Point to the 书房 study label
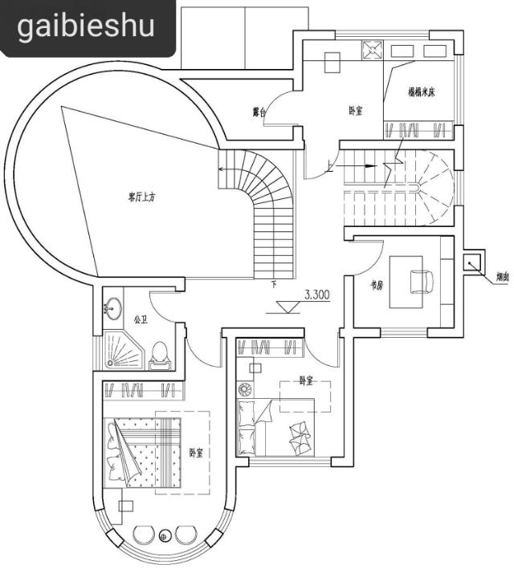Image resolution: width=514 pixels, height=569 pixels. pyautogui.click(x=375, y=284)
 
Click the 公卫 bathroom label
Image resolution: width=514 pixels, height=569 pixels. pyautogui.click(x=141, y=319)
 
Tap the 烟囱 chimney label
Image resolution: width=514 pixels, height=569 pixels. pyautogui.click(x=502, y=277)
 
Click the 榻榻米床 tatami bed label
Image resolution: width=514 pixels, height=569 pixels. pyautogui.click(x=422, y=91)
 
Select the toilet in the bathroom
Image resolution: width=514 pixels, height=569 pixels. pyautogui.click(x=160, y=353)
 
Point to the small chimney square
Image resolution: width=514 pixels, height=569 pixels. pyautogui.click(x=473, y=262)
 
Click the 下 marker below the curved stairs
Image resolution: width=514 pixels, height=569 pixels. pyautogui.click(x=274, y=284)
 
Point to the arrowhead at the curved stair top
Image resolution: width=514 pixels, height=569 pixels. pyautogui.click(x=221, y=169)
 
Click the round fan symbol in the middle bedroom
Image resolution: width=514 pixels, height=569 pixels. pyautogui.click(x=246, y=391)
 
